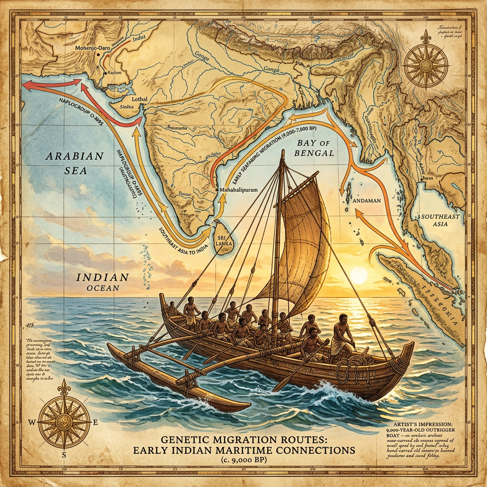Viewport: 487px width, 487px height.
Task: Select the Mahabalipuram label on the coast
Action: [240, 189]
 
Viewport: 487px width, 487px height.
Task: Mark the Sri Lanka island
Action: [222, 244]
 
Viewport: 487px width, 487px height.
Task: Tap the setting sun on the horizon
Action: [358, 276]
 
